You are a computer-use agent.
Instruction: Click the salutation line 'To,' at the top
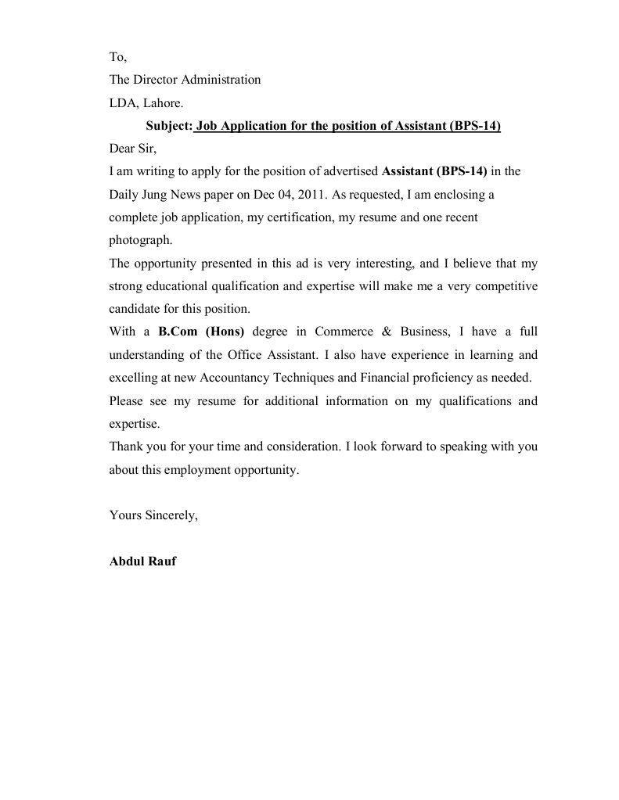pyautogui.click(x=117, y=57)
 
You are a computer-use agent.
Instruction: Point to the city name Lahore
pyautogui.click(x=164, y=102)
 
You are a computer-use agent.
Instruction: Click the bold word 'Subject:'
pyautogui.click(x=169, y=126)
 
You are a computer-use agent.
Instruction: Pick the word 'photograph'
pyautogui.click(x=139, y=240)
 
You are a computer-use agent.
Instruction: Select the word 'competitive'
pyautogui.click(x=500, y=286)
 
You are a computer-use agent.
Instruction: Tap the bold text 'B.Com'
pyautogui.click(x=177, y=332)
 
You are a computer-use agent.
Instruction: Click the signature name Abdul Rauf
pyautogui.click(x=142, y=561)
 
